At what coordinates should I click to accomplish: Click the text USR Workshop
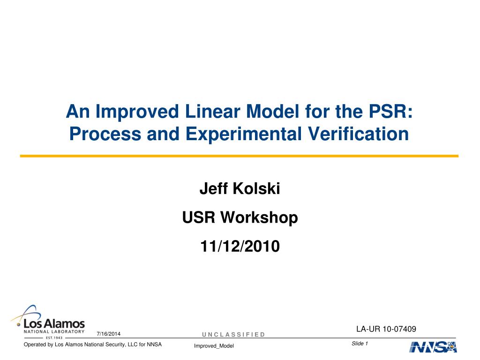(240, 217)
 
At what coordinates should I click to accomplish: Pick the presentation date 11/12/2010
(240, 246)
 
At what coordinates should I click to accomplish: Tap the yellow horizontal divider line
(239, 156)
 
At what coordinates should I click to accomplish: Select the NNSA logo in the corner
(433, 347)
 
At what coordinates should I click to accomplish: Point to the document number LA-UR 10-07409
(386, 329)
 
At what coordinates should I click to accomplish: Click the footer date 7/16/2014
(108, 334)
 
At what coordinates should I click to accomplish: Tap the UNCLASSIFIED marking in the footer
(233, 334)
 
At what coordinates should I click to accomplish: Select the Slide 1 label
(360, 344)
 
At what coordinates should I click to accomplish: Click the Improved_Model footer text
(214, 346)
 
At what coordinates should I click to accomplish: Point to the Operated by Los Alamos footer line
(93, 345)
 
